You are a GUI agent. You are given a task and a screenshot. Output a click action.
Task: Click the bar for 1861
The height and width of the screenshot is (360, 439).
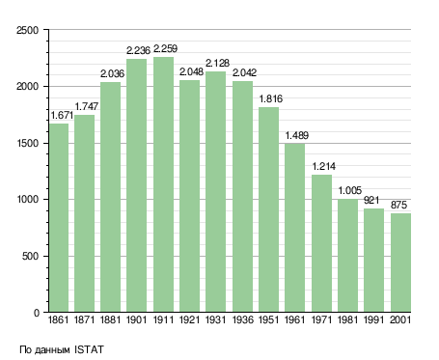59,218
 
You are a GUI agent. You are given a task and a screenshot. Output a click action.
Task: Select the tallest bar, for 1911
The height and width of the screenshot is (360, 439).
163,184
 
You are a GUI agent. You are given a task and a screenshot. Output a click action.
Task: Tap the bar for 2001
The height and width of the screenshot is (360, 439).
400,263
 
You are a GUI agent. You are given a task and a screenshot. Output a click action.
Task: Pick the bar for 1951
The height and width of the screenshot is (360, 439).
268,209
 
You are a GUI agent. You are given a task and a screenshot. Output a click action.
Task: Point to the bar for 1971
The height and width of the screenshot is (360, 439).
321,243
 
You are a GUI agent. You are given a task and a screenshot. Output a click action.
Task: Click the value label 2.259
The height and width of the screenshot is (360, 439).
165,48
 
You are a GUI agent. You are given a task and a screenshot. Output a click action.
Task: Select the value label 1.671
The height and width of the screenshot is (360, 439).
63,115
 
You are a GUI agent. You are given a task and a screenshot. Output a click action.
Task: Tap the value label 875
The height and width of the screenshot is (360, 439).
398,205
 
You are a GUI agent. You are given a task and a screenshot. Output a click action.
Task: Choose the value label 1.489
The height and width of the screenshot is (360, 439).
297,135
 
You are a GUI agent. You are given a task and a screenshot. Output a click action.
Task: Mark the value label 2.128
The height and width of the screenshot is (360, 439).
217,63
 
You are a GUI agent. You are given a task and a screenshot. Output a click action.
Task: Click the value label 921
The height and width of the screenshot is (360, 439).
371,200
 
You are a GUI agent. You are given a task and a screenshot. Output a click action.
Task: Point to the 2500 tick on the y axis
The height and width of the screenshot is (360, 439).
28,30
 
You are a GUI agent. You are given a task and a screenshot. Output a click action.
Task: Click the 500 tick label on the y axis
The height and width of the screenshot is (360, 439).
31,256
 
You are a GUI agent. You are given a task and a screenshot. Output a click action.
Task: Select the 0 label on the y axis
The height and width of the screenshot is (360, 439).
37,313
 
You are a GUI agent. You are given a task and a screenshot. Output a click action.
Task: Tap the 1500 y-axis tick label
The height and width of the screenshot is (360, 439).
28,143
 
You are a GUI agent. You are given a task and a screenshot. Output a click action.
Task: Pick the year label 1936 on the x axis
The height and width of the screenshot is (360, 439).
242,319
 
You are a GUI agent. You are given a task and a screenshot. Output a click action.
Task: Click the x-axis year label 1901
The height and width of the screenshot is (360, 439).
136,319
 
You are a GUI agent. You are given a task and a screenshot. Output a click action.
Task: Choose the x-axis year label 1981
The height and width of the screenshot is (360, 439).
347,319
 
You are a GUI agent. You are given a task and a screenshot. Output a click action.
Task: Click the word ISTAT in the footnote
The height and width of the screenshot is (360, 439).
89,349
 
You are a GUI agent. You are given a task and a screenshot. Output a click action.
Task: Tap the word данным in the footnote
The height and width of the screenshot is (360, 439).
52,350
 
